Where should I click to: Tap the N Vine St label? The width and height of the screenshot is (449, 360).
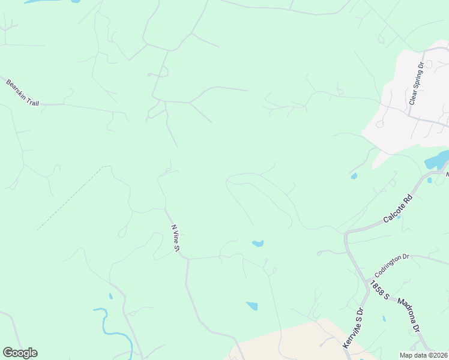click(176, 238)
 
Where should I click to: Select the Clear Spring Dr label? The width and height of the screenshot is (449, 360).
click(417, 83)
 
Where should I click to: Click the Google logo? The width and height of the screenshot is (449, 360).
click(20, 353)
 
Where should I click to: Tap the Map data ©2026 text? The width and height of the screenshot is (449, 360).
click(423, 355)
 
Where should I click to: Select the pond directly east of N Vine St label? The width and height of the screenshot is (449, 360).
click(258, 243)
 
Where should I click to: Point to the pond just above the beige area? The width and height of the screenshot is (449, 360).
click(252, 306)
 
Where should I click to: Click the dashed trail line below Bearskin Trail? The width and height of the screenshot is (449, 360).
click(72, 198)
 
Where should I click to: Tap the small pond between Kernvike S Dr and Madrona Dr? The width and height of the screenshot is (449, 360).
click(384, 318)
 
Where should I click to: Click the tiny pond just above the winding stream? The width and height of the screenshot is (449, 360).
click(111, 296)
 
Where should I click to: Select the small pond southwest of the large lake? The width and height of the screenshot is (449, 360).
click(354, 176)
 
